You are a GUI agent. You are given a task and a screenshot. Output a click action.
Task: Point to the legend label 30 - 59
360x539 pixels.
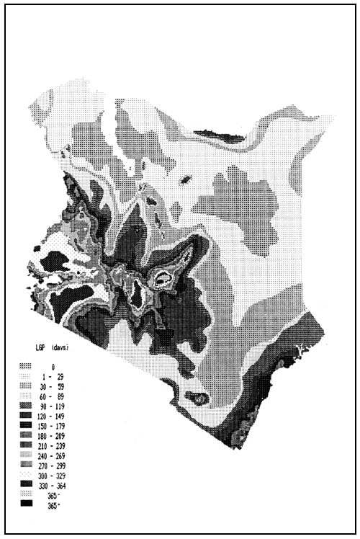[52, 388]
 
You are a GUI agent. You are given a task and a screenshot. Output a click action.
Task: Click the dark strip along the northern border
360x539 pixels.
[220, 133]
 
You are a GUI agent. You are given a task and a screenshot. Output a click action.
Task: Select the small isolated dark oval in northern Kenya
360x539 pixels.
[186, 180]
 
